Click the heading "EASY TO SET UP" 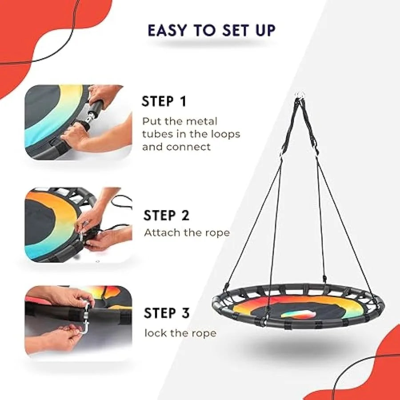[x=212, y=30]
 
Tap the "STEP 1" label [x=164, y=101]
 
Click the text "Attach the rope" [x=187, y=232]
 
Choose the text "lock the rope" [x=180, y=333]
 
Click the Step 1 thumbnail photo [x=78, y=122]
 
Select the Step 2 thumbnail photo [x=78, y=224]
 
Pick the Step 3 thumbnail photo [x=78, y=320]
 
